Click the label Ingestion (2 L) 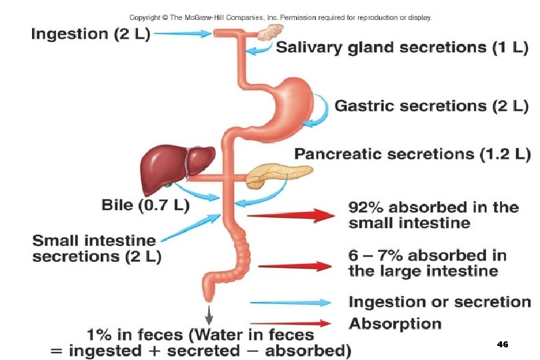coord(91,34)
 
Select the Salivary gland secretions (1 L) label coord(402,47)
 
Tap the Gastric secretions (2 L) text coord(431,105)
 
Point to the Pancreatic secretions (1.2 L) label coord(412,154)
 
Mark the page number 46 coord(503,345)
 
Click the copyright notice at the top coord(280,17)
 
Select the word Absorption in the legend coord(395,324)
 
